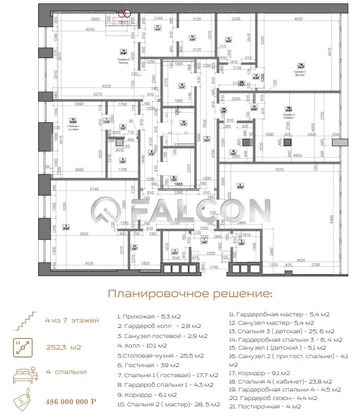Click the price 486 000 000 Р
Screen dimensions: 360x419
pos(71,401)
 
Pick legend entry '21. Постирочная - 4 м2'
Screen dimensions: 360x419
pos(265,406)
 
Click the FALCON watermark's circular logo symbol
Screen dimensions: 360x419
pos(106,212)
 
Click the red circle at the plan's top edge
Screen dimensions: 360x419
pos(124,14)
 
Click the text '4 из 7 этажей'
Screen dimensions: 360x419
pos(73,322)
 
